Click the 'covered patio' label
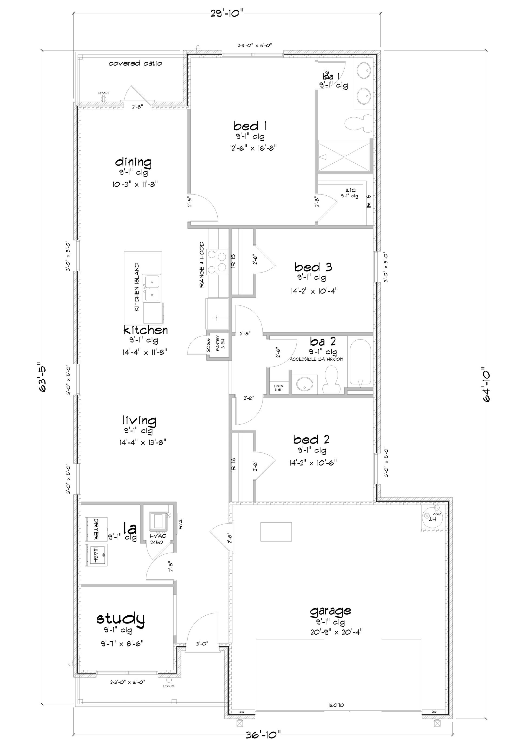point(135,63)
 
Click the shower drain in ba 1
point(344,157)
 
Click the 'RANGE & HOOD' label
point(202,265)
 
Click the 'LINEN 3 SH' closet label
point(278,388)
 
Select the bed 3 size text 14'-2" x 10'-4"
point(313,290)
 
